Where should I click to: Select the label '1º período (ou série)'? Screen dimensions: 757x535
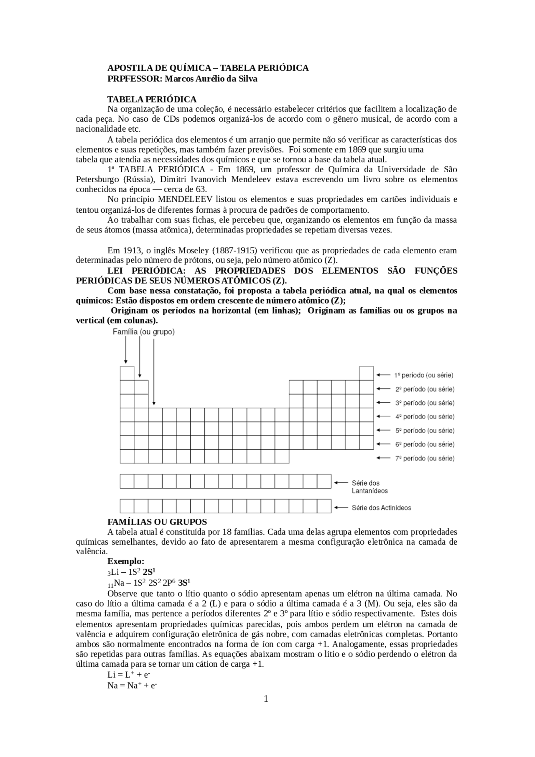[423, 375]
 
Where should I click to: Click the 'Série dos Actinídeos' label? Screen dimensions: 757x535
[381, 508]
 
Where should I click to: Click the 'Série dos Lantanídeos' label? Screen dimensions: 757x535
[369, 487]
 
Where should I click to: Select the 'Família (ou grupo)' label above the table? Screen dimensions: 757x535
[144, 332]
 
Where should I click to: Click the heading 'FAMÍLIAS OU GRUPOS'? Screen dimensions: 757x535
[157, 522]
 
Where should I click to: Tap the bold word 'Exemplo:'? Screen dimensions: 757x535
[125, 561]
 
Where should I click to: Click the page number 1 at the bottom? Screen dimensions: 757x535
[266, 699]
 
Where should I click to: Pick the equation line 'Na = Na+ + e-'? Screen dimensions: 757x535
[132, 686]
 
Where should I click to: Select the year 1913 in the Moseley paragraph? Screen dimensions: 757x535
[131, 251]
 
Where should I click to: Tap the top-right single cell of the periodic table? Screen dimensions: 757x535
[366, 373]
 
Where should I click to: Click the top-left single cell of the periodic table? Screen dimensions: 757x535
[127, 373]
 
